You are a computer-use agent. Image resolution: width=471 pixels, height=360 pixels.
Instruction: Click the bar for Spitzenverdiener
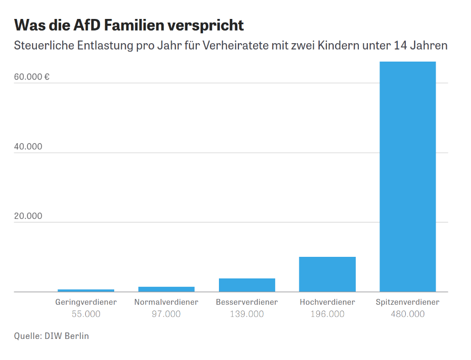coord(407,176)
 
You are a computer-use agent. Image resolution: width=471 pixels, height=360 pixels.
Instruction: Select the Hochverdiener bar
coord(327,274)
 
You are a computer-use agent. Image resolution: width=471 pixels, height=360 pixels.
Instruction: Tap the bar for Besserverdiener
coord(247,285)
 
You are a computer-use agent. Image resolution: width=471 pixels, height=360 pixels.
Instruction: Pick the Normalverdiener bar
coord(166,289)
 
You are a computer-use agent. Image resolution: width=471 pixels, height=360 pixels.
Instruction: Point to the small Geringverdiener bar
coord(86,290)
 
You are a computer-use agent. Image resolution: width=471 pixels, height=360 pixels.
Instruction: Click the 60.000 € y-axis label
coord(32,77)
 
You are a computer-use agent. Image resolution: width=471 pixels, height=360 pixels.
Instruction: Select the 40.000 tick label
coord(28,147)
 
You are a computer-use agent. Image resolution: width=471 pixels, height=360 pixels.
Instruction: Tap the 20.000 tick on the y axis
coord(28,216)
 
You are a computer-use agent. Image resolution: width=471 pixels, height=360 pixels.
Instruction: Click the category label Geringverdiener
coord(86,302)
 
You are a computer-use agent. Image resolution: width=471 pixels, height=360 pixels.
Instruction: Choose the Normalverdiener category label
coord(166,302)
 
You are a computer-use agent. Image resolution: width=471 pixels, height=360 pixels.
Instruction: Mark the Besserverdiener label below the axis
coord(247,302)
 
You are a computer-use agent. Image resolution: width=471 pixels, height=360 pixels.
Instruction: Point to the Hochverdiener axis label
coord(327,302)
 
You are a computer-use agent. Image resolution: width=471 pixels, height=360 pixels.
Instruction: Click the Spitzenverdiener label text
coord(407,302)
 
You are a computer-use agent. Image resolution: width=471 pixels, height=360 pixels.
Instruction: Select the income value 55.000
coord(86,314)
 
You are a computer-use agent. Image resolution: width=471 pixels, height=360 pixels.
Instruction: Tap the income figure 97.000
coord(166,314)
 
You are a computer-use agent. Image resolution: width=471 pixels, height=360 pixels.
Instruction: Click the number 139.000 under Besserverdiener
coord(247,314)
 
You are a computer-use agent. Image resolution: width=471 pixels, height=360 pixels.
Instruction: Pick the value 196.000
coord(327,314)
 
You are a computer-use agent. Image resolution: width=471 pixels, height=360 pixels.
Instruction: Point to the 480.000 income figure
coord(407,314)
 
